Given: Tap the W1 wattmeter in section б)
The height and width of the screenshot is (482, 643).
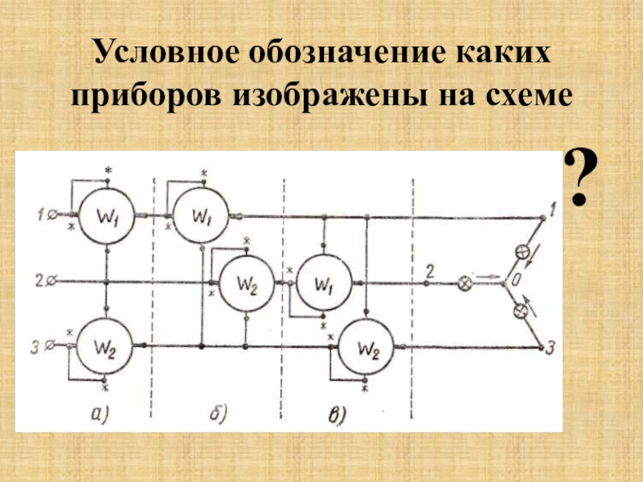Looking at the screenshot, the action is tap(200, 215).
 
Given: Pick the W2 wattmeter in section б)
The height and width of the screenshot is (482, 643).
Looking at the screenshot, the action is tap(247, 284).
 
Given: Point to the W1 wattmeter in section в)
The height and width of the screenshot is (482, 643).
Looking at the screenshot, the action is tap(322, 284).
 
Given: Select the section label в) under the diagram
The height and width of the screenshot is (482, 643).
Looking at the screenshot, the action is tap(338, 415).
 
